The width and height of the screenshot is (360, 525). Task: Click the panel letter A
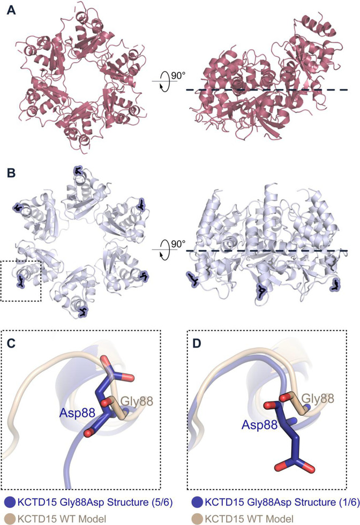pos(11,10)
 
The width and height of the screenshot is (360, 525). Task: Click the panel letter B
pos(11,174)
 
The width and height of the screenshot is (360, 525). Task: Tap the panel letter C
pos(11,343)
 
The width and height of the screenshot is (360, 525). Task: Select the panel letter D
pos(197,343)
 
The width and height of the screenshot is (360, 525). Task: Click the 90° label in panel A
pos(178,76)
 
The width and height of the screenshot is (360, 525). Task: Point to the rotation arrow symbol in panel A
pos(164,81)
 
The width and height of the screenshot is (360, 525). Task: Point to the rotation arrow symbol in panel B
pos(164,250)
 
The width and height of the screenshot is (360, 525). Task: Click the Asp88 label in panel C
pos(77,413)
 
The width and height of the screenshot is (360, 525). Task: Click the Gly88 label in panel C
pos(136,401)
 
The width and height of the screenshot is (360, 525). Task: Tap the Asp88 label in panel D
pos(259,424)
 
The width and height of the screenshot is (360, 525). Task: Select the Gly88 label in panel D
pos(318,398)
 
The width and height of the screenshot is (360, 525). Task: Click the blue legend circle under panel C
pos(10,502)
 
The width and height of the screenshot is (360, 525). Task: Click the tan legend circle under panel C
pos(10,519)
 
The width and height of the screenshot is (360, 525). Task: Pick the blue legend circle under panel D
pos(198,502)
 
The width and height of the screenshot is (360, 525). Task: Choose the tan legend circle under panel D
pos(198,519)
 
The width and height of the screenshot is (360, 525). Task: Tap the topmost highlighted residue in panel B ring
pos(78,170)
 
